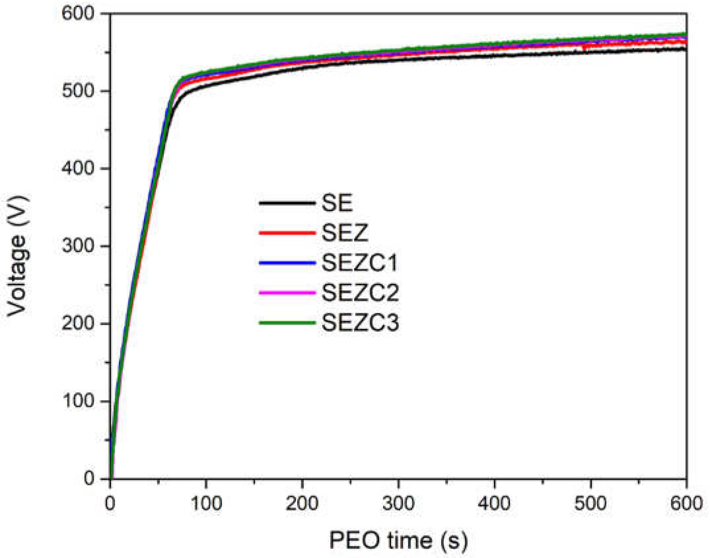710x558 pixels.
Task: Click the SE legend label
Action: click(x=337, y=203)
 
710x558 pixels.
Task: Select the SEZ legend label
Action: click(x=344, y=233)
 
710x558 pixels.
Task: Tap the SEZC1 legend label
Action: click(x=359, y=263)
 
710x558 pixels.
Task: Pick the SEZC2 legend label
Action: click(x=360, y=293)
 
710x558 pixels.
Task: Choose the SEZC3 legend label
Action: click(x=360, y=323)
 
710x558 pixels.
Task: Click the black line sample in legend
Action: click(x=287, y=203)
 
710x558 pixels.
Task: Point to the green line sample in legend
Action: click(x=287, y=323)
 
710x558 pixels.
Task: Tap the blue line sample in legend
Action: click(x=287, y=263)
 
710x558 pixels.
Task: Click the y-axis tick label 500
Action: click(x=78, y=91)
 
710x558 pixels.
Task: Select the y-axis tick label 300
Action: click(x=78, y=246)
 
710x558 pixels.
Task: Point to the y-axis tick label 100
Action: click(x=78, y=401)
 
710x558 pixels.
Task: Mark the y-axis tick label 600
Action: click(x=78, y=14)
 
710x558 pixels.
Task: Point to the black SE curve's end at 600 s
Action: click(x=685, y=50)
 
